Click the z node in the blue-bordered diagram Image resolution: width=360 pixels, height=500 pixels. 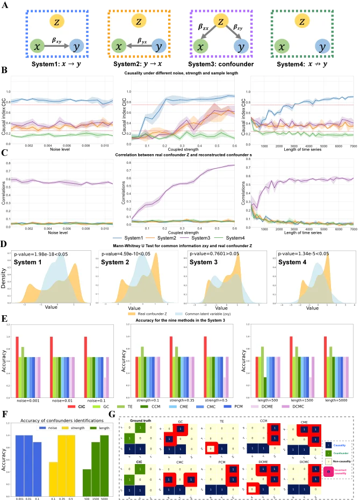pos(57,21)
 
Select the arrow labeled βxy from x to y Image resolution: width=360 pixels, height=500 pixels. pos(56,47)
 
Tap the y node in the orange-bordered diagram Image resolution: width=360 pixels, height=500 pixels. pos(159,47)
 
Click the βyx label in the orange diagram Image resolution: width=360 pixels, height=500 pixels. pos(142,40)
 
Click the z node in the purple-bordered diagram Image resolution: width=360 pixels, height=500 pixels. pos(220,21)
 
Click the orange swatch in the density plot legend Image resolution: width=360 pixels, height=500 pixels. pos(131,313)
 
